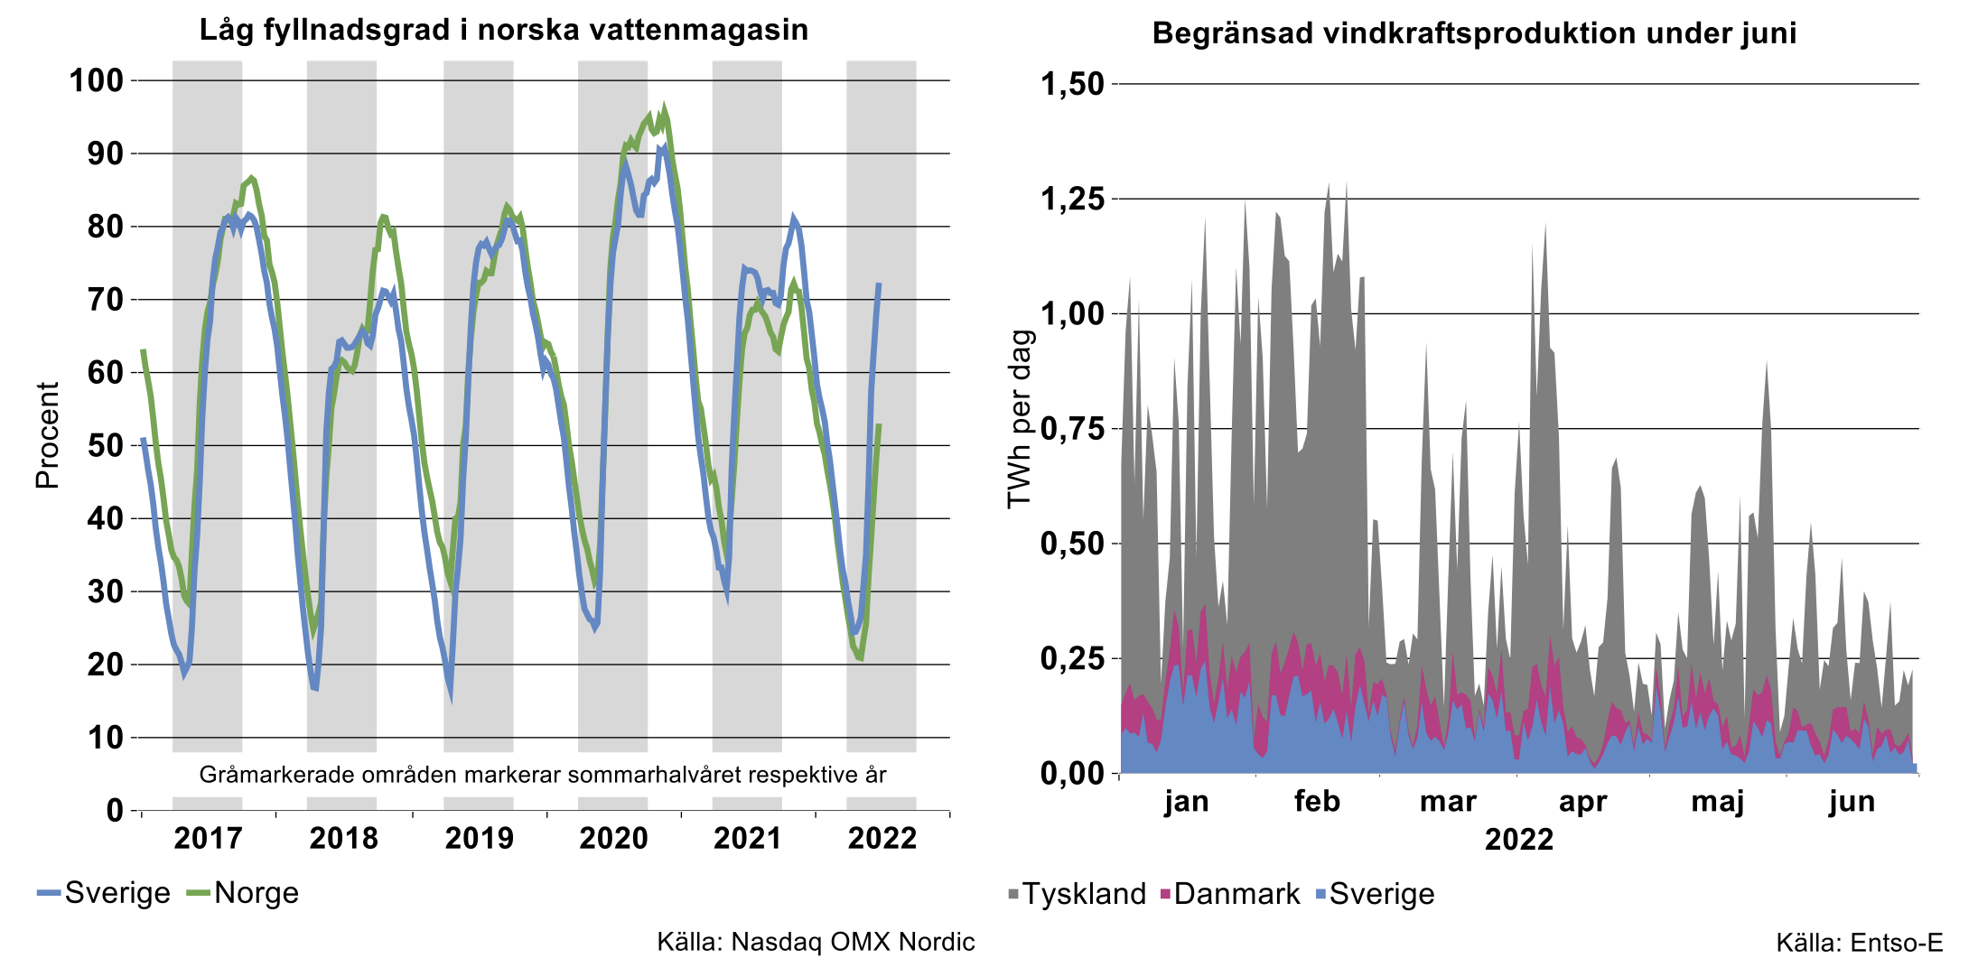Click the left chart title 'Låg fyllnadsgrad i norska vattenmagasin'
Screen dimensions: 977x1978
[x=503, y=30]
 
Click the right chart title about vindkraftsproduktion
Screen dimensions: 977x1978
[x=1474, y=33]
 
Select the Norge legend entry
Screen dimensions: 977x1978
[x=257, y=893]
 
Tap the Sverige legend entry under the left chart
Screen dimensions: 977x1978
[x=117, y=893]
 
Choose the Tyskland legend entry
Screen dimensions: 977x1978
[x=1084, y=894]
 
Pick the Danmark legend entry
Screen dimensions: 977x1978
[x=1236, y=894]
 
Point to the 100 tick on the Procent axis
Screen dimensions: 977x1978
[x=97, y=80]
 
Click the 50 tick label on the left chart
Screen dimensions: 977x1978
[x=106, y=445]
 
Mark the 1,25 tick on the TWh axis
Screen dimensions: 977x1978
[x=1073, y=199]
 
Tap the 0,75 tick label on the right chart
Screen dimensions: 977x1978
[x=1073, y=428]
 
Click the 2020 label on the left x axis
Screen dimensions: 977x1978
[x=613, y=838]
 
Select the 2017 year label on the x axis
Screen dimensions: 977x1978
[x=208, y=838]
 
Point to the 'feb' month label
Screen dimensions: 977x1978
[x=1317, y=801]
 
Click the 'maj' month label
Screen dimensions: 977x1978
[x=1717, y=801]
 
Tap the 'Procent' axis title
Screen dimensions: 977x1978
[x=47, y=435]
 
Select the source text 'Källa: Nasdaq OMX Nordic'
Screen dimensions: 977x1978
[x=816, y=942]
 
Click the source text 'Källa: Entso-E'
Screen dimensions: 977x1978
[x=1859, y=943]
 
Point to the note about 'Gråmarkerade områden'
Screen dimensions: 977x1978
[x=543, y=775]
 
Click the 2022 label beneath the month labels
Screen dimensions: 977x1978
[x=1519, y=839]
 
